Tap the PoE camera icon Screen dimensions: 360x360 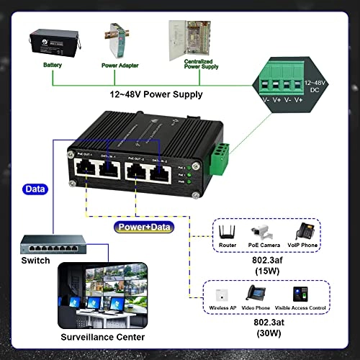click(x=261, y=232)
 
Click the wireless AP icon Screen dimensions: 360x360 click(x=222, y=294)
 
